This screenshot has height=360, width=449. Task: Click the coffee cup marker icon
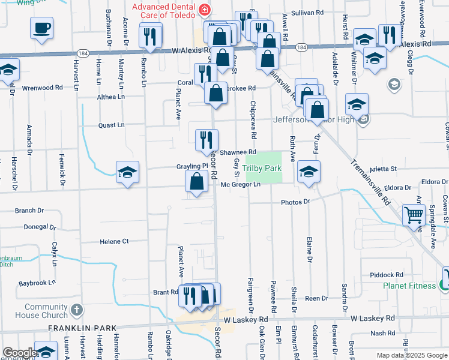[42, 28]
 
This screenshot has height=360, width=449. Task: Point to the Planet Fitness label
[410, 286]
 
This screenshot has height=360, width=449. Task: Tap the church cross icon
[76, 310]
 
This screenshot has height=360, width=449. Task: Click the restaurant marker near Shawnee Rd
[206, 140]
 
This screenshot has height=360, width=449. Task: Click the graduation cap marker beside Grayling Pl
[128, 173]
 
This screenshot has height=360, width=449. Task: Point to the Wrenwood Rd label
[42, 88]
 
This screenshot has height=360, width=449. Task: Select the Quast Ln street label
[111, 125]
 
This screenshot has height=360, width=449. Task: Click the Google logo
[19, 353]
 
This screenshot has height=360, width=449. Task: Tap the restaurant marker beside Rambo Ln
[148, 36]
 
